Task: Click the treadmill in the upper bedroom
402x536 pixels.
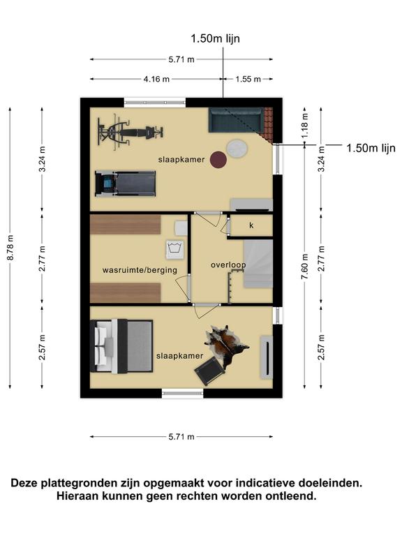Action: [x=125, y=184]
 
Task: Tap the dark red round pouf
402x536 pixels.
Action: [x=218, y=160]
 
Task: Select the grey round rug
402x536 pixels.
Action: [x=237, y=149]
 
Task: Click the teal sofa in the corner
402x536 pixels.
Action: [x=236, y=119]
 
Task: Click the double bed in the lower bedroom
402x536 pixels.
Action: [x=121, y=346]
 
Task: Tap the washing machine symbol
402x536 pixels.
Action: [x=174, y=250]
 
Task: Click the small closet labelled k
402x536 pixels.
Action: [x=251, y=225]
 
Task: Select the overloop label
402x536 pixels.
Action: [x=228, y=265]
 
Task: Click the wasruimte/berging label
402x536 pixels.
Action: [x=140, y=270]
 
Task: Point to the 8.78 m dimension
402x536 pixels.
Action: [x=10, y=248]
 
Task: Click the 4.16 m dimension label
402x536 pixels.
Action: [x=156, y=80]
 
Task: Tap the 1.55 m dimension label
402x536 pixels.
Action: [x=248, y=80]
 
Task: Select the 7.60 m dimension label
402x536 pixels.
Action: [x=305, y=267]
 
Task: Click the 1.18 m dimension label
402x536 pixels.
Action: [x=305, y=126]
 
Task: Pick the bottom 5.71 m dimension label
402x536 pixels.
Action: [x=181, y=436]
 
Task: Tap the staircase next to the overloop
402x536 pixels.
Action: [x=258, y=263]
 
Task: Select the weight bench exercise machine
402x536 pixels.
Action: [x=130, y=133]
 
